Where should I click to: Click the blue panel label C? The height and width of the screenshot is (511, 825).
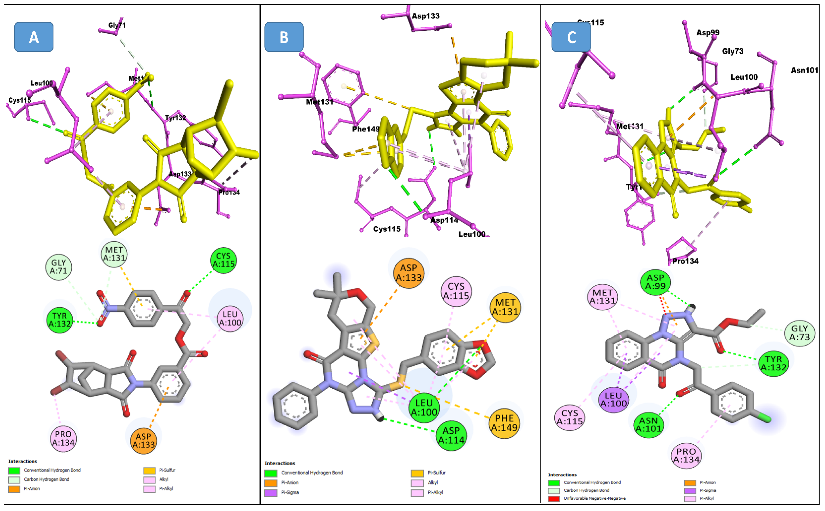pyautogui.click(x=571, y=37)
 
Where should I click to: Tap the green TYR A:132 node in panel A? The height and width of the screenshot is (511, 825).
pyautogui.click(x=59, y=320)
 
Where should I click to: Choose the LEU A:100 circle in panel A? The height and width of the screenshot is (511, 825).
pyautogui.click(x=230, y=318)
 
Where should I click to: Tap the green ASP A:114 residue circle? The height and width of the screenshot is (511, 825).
pyautogui.click(x=451, y=435)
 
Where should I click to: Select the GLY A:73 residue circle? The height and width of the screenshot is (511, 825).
pyautogui.click(x=800, y=333)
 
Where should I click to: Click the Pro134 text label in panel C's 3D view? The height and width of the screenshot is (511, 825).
pyautogui.click(x=685, y=261)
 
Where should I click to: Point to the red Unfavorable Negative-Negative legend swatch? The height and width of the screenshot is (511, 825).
pyautogui.click(x=554, y=498)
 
